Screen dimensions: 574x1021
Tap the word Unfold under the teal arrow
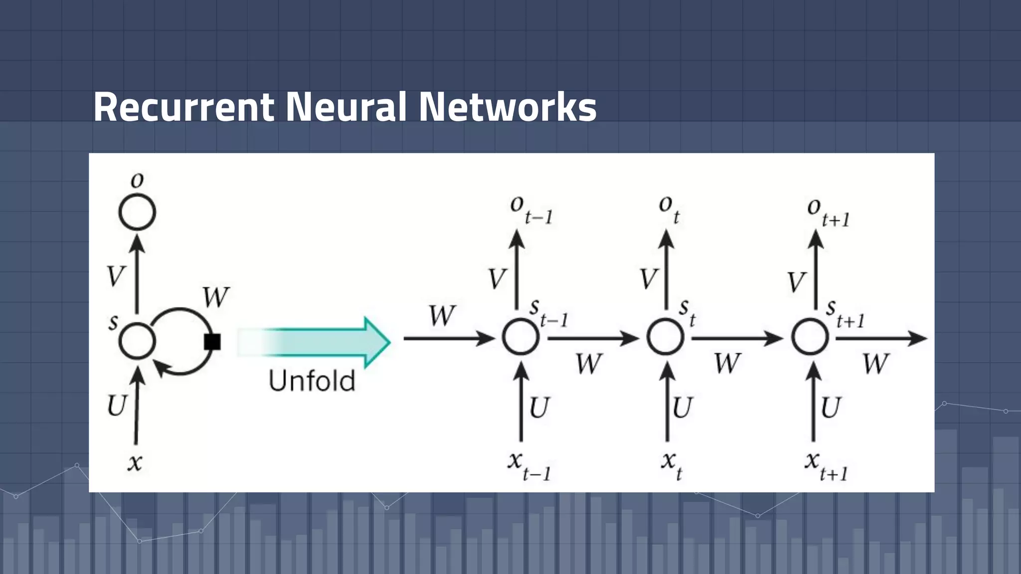click(x=312, y=381)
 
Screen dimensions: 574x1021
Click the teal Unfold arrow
click(x=319, y=342)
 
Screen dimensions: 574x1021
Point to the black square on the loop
click(x=212, y=342)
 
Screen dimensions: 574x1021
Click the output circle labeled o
click(x=137, y=212)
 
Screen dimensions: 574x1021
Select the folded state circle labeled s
click(x=137, y=341)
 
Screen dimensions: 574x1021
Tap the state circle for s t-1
click(x=520, y=337)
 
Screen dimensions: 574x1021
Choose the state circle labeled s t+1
click(x=810, y=337)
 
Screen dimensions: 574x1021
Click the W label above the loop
click(x=216, y=297)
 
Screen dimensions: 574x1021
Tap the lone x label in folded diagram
click(x=135, y=462)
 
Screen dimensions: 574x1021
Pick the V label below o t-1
click(x=497, y=279)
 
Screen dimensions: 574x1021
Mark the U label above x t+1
click(x=830, y=408)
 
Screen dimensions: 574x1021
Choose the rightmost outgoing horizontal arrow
click(x=880, y=338)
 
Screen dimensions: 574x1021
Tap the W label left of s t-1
click(x=442, y=316)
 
